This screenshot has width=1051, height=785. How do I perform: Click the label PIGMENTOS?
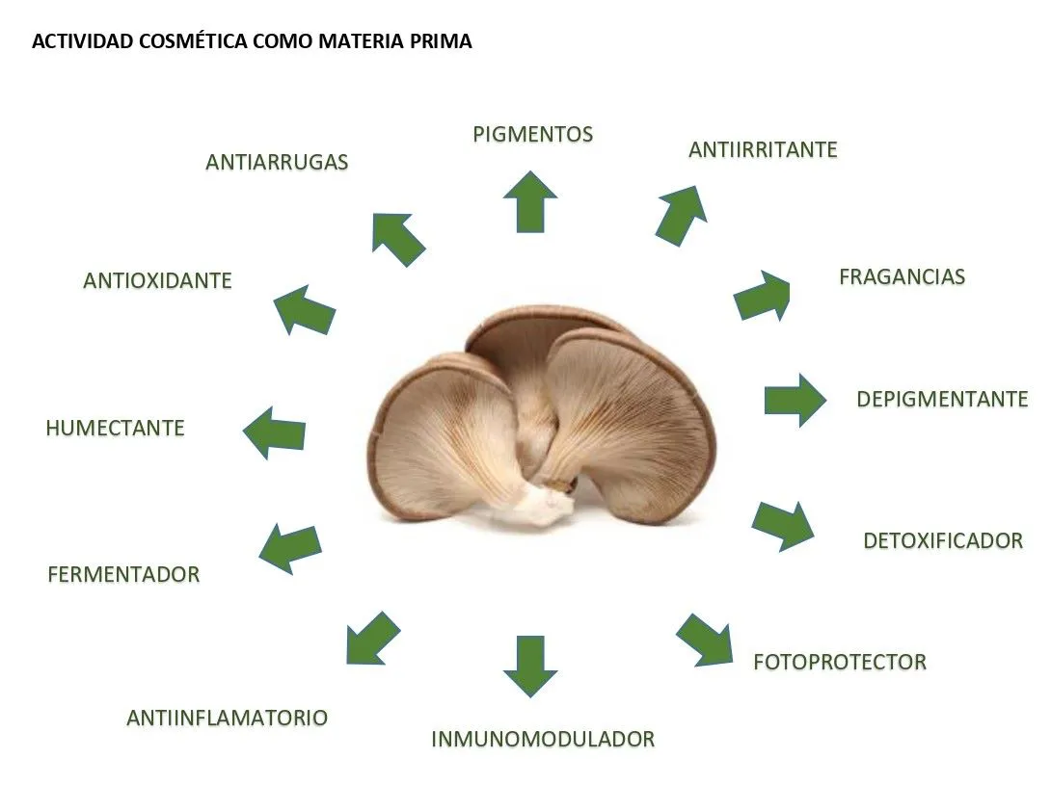coord(532,134)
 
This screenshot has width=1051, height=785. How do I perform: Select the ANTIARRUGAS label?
coord(277,162)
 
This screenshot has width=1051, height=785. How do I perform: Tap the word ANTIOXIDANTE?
coord(157,280)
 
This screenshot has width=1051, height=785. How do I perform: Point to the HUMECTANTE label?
coord(115,428)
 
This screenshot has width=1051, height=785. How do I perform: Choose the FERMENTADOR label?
coord(123,574)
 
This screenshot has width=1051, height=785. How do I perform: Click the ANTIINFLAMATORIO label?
coord(227,718)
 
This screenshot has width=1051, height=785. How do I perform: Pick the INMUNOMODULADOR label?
coord(543,740)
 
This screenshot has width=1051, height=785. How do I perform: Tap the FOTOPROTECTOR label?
coord(839,662)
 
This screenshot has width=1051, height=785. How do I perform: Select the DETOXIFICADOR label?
coord(942,540)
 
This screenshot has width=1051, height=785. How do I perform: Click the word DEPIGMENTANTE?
coord(942,399)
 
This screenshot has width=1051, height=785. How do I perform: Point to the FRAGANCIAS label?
coord(902,276)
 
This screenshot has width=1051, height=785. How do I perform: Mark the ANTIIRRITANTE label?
coord(763,150)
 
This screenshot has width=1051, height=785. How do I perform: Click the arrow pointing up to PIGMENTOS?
coord(530,201)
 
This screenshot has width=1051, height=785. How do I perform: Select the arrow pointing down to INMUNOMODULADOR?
coord(530,665)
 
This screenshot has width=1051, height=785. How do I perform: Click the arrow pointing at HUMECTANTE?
coord(275,432)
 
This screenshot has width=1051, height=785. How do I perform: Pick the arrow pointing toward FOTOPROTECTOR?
coord(705,639)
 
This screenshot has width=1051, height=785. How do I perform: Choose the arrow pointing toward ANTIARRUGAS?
coord(397,239)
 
